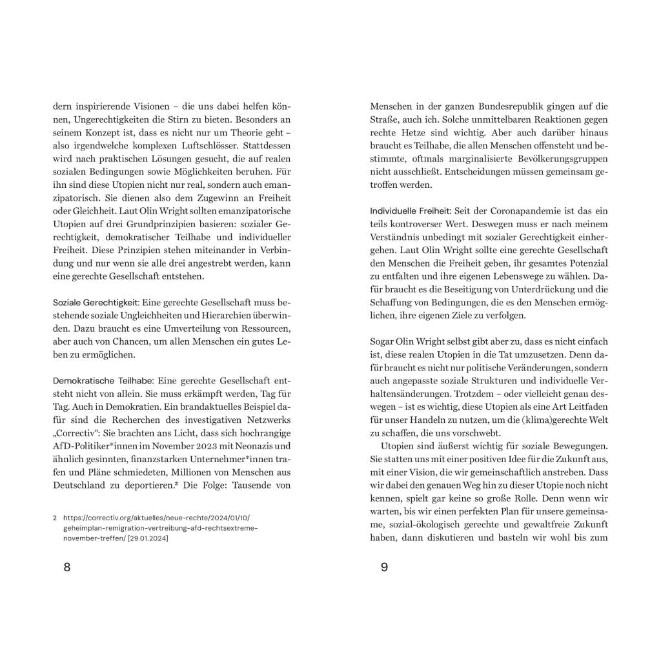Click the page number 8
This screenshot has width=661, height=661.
click(67, 567)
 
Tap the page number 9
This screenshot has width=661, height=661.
click(384, 567)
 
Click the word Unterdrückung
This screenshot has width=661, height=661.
click(534, 290)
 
